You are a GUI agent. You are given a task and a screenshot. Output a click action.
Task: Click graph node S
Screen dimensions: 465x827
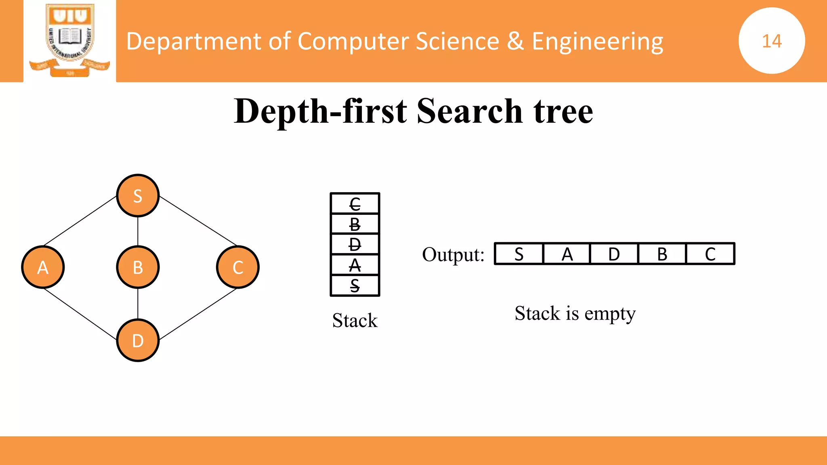138,196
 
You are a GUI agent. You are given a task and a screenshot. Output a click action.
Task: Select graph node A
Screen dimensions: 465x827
43,267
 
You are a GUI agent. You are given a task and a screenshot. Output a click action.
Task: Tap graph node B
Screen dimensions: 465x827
138,267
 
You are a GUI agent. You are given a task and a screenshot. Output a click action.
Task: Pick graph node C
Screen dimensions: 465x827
238,267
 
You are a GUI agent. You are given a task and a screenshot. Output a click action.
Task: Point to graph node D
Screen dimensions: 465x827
138,341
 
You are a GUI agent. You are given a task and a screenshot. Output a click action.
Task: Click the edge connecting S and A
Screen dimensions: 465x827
80,221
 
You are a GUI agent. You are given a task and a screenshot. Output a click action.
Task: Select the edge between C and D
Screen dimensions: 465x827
198,314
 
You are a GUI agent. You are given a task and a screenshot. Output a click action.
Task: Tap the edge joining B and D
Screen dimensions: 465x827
138,304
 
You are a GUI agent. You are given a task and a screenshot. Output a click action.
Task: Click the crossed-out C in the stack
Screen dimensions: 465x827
355,204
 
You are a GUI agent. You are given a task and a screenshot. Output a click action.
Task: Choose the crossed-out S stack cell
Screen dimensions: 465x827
355,286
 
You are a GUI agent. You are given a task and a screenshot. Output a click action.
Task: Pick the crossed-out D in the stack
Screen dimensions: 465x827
355,245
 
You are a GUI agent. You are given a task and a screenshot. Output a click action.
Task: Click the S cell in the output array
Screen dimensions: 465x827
519,254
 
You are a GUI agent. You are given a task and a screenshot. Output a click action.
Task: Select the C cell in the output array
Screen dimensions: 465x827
710,254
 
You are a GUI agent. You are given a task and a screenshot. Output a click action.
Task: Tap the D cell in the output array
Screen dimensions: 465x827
614,254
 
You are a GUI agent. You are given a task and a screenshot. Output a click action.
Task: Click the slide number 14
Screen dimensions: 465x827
772,41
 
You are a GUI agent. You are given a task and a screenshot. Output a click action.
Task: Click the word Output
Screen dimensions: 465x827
453,255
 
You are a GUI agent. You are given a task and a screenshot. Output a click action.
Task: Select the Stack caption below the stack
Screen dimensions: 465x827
355,320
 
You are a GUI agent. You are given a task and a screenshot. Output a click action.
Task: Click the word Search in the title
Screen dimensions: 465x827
470,111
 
